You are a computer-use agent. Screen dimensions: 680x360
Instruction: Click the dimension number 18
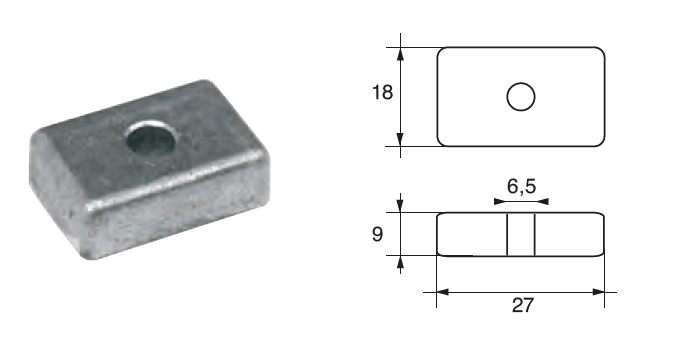point(382,92)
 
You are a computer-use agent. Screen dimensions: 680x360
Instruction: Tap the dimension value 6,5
point(521,186)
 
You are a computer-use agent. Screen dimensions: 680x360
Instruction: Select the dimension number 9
point(377,234)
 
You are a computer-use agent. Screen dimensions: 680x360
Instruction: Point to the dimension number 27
point(522,305)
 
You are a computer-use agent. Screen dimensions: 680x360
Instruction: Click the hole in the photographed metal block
point(151,138)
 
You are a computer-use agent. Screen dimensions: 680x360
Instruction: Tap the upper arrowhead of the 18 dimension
point(400,54)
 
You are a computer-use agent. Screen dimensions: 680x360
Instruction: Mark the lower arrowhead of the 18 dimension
point(400,139)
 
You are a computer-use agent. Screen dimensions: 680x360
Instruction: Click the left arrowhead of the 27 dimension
point(443,292)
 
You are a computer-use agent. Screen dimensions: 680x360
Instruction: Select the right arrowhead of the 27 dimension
point(598,292)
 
